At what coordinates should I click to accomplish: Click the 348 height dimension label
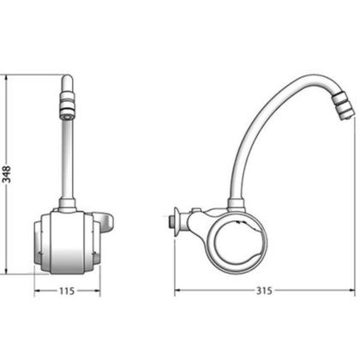click(x=6, y=174)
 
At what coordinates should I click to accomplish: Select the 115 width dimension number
click(x=67, y=291)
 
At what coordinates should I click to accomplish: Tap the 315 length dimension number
click(x=264, y=291)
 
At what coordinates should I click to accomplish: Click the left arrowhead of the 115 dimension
click(x=37, y=291)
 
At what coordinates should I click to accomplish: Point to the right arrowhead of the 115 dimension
click(x=97, y=291)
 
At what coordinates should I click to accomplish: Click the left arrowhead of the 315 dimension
click(x=177, y=291)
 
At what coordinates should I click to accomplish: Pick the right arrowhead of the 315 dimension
click(x=351, y=291)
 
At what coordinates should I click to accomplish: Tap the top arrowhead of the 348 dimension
click(x=6, y=78)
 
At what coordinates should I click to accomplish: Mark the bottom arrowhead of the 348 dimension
click(x=6, y=271)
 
